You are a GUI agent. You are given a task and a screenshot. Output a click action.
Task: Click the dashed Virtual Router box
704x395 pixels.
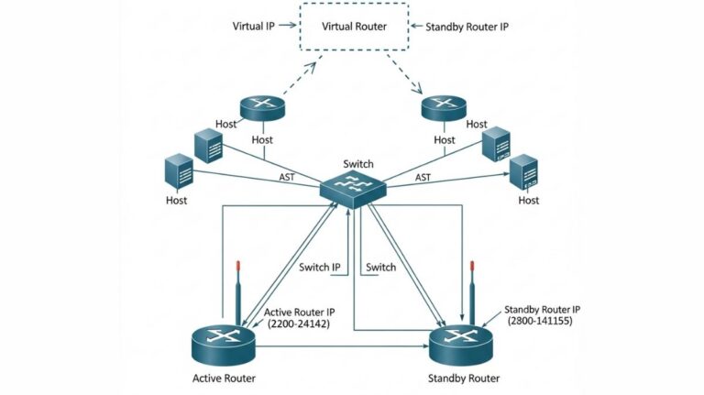pyautogui.click(x=354, y=27)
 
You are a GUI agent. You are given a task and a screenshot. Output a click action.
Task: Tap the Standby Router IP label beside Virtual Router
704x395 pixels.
pyautogui.click(x=467, y=27)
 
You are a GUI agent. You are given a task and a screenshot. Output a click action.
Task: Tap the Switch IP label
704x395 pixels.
pyautogui.click(x=320, y=268)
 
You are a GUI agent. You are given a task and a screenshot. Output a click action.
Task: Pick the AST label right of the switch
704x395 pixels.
pyautogui.click(x=423, y=177)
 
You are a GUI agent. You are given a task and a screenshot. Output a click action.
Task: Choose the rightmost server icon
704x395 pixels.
pyautogui.click(x=524, y=172)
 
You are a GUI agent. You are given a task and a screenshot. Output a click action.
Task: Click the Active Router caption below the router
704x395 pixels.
pyautogui.click(x=225, y=378)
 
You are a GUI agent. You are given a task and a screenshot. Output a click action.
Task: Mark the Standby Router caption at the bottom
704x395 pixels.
pyautogui.click(x=464, y=378)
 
